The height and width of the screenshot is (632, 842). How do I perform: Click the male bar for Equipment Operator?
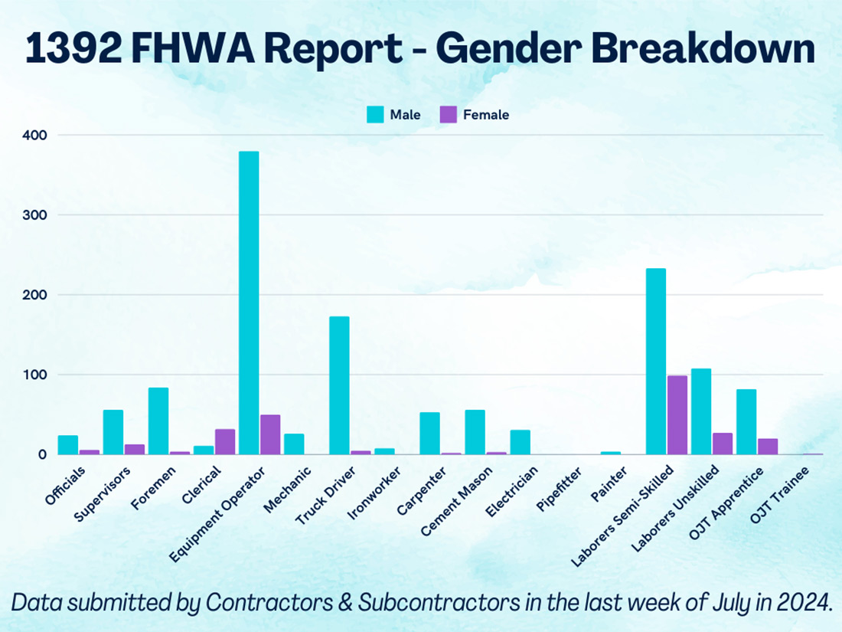click(249, 303)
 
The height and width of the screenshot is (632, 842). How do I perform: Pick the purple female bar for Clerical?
click(225, 442)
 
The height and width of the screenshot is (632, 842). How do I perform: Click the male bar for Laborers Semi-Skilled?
click(656, 362)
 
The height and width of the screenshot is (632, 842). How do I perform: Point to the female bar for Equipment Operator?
click(270, 435)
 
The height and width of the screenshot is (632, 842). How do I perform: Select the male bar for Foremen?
click(158, 421)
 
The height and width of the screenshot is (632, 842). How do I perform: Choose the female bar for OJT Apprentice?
click(768, 447)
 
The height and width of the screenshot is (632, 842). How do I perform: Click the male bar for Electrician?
click(521, 443)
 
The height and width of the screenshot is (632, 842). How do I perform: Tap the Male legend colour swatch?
click(375, 115)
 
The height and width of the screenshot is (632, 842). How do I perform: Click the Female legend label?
click(486, 115)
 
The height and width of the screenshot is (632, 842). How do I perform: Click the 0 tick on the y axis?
click(42, 455)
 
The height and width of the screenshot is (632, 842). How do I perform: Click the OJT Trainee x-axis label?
click(775, 487)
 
